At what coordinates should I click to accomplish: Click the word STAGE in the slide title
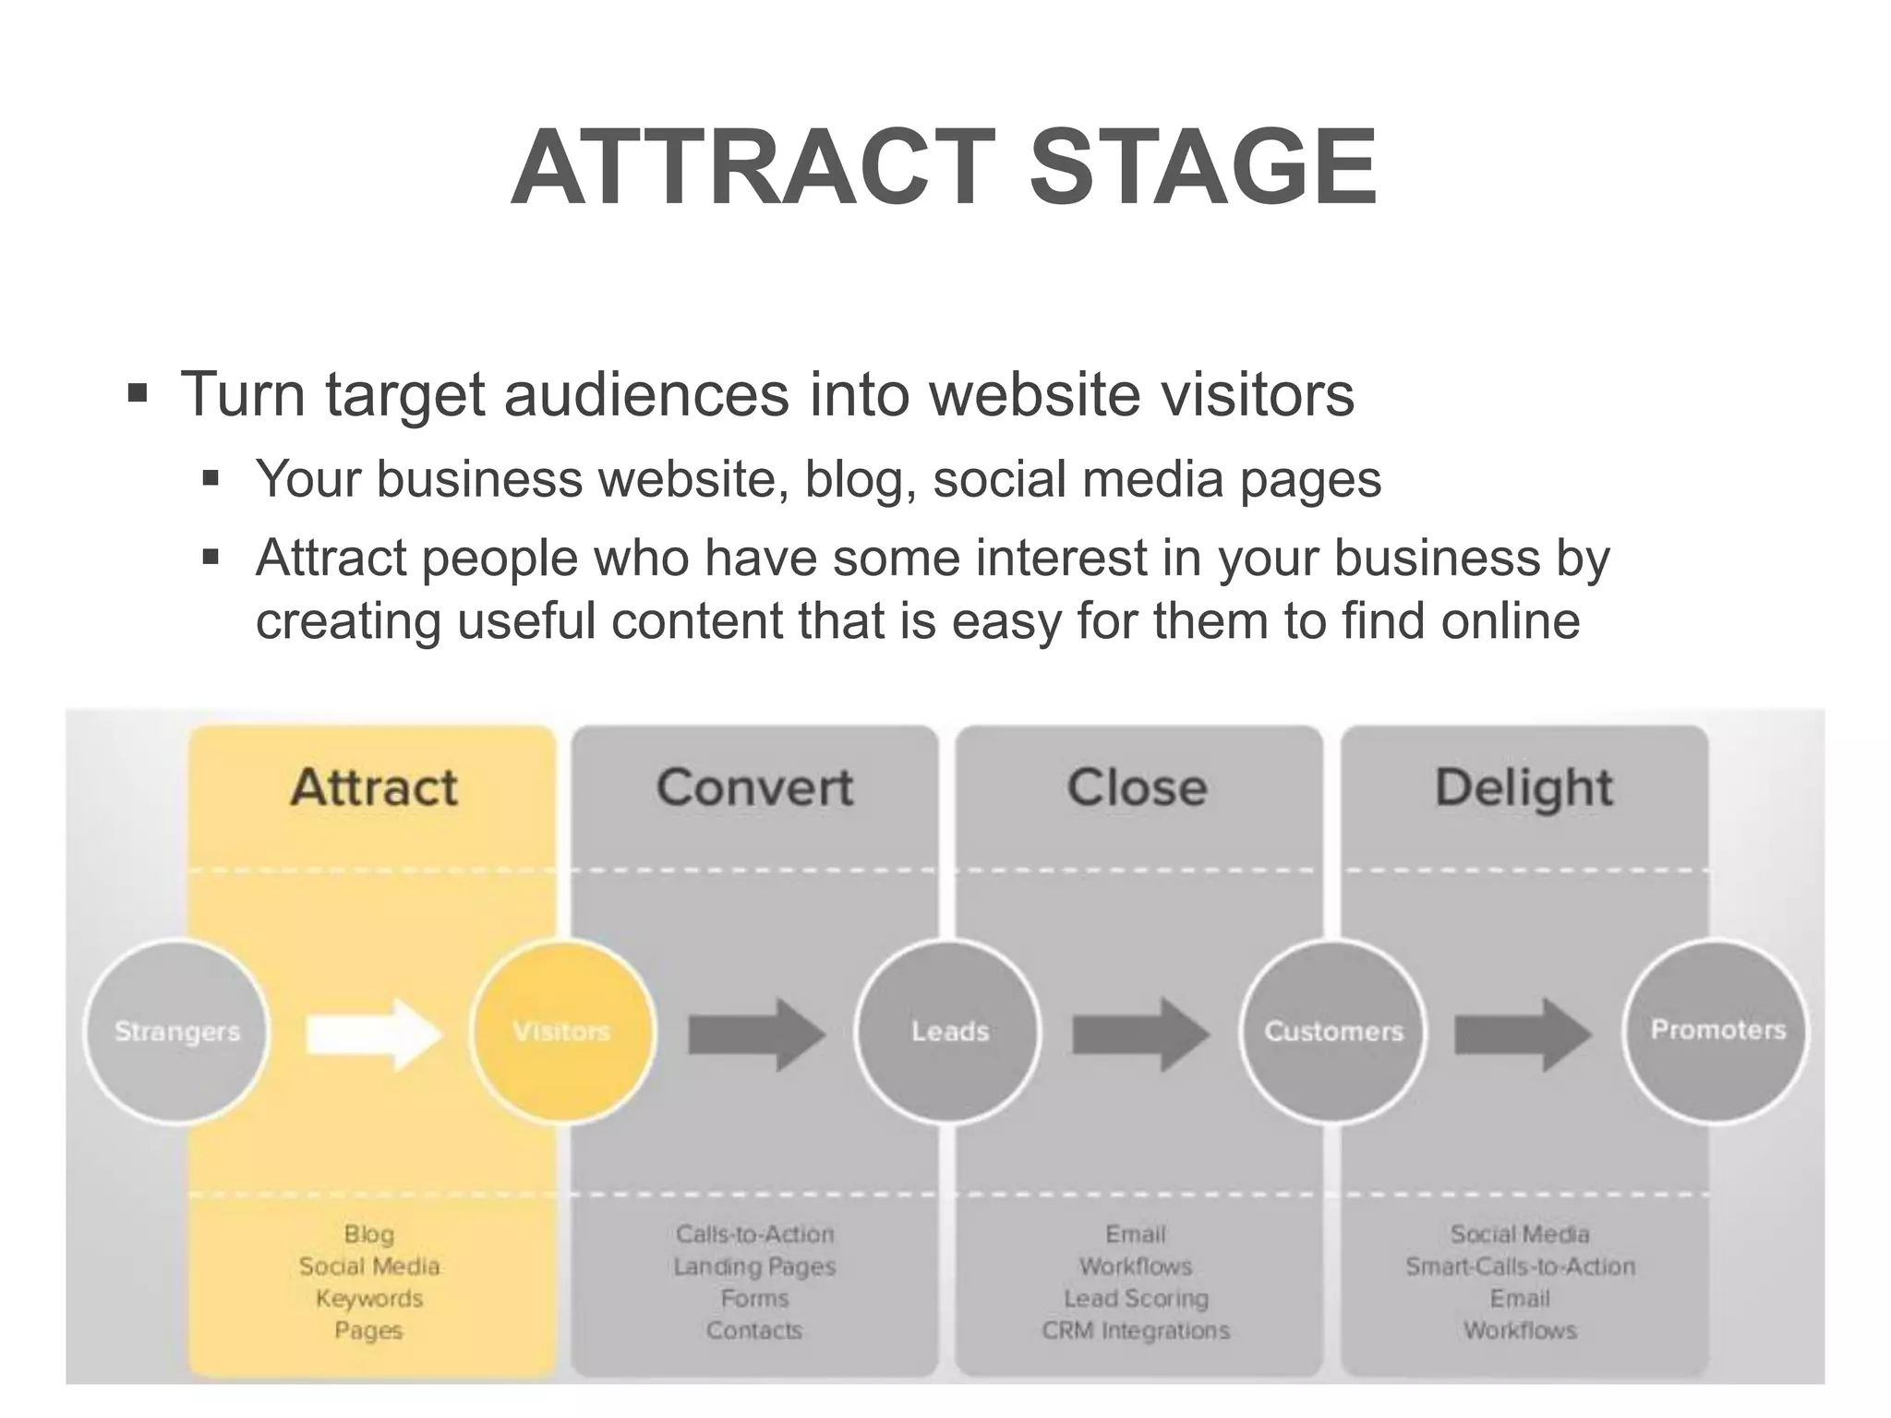click(x=1202, y=167)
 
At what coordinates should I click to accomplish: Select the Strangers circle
click(x=176, y=1030)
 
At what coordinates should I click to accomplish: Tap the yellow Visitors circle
click(x=561, y=1030)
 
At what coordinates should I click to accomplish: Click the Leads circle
click(x=949, y=1030)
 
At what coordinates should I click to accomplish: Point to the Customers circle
click(x=1333, y=1030)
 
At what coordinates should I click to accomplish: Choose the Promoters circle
click(x=1717, y=1030)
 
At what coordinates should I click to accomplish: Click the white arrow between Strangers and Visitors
click(x=374, y=1034)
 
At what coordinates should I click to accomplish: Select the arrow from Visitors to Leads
click(x=756, y=1034)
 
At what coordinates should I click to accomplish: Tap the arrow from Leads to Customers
click(x=1140, y=1034)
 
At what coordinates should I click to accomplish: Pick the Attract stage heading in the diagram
click(x=374, y=787)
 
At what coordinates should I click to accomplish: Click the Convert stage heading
click(x=755, y=787)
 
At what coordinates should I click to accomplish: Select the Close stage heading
click(x=1138, y=787)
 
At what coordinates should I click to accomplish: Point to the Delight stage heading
click(x=1524, y=787)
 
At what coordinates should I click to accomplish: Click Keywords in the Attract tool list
click(x=369, y=1298)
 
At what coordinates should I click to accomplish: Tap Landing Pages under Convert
click(x=754, y=1267)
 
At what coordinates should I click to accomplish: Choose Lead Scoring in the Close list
click(x=1136, y=1298)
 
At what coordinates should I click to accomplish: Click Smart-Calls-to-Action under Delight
click(x=1520, y=1267)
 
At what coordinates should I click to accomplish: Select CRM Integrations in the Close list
click(x=1136, y=1330)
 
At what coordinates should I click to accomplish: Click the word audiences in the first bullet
click(x=646, y=394)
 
